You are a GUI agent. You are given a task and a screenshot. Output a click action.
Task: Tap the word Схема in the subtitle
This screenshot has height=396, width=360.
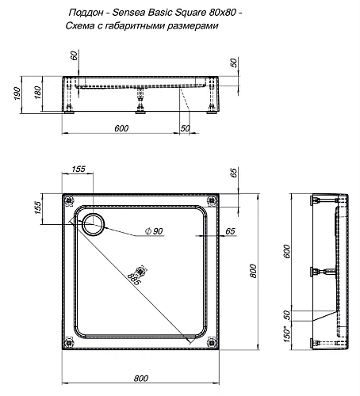click(82, 26)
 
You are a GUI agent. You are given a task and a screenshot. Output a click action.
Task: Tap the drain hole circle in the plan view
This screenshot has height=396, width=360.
click(94, 223)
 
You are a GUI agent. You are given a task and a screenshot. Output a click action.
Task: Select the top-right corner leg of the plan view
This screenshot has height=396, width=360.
click(210, 200)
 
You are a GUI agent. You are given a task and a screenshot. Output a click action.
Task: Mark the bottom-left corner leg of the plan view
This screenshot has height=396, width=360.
click(70, 342)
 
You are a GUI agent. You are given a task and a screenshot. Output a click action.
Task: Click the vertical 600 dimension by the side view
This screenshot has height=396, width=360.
click(287, 252)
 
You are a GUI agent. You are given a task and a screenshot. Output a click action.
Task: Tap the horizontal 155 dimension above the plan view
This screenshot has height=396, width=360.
click(79, 169)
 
